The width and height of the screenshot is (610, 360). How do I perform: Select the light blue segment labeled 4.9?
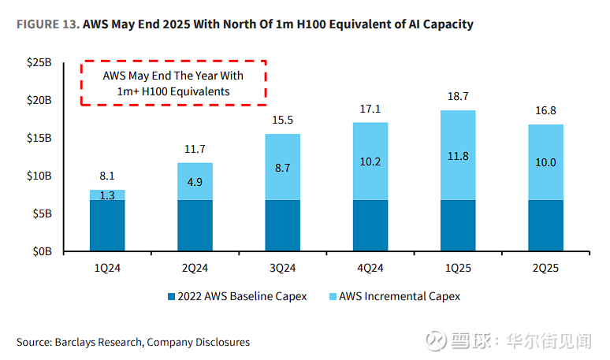(195, 181)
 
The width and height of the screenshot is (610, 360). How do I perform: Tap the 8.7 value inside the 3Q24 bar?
(283, 168)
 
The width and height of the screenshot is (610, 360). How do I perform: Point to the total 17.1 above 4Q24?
(370, 109)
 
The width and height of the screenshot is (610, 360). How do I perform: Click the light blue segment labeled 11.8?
(458, 156)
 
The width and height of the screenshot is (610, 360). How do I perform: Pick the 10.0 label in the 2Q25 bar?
(545, 162)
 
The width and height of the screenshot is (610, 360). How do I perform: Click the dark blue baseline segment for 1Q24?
(107, 226)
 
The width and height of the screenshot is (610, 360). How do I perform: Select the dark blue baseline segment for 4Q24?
(370, 226)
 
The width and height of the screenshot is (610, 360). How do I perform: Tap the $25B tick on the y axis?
(39, 63)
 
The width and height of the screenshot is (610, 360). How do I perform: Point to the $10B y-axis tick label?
(39, 176)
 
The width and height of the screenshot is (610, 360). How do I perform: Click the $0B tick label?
(42, 251)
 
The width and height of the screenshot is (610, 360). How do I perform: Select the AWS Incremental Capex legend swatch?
(332, 297)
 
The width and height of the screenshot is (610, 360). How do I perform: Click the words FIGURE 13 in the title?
(46, 24)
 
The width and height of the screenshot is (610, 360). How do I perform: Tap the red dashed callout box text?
(173, 84)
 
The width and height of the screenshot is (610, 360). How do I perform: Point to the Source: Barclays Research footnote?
(133, 343)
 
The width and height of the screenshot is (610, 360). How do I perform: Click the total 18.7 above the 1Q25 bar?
(458, 96)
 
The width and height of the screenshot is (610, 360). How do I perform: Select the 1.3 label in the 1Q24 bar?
(106, 195)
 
